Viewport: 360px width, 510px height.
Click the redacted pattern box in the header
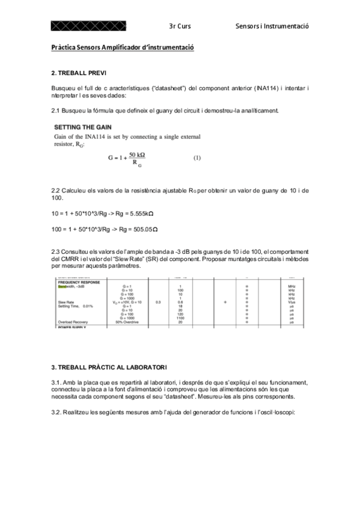point(88,26)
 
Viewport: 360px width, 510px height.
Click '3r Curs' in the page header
point(180,26)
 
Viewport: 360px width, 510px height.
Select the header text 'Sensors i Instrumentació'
point(272,26)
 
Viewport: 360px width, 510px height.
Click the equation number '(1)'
point(197,158)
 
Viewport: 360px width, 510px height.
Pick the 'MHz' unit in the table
point(291,286)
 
